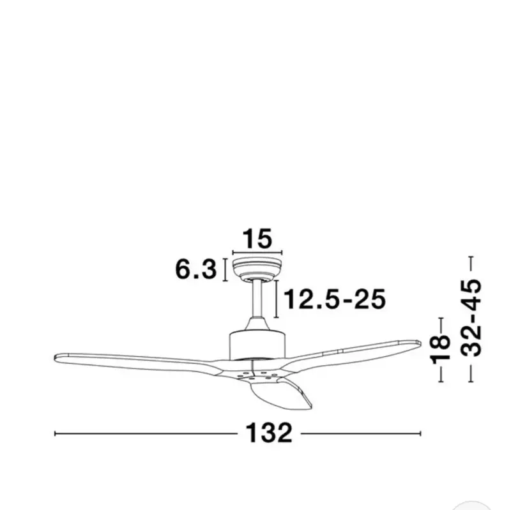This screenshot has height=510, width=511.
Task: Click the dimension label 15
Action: point(257,238)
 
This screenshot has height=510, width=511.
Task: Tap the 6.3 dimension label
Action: point(196,269)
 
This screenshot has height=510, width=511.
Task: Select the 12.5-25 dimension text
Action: point(335,299)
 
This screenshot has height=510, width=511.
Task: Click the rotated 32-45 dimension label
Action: point(470,318)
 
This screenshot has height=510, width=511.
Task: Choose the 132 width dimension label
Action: point(269,433)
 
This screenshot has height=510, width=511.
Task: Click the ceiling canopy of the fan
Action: point(257,269)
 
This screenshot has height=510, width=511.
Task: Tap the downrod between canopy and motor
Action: point(257,299)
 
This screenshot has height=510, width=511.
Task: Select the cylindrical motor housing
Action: point(257,345)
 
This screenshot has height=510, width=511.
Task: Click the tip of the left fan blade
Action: point(56,357)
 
